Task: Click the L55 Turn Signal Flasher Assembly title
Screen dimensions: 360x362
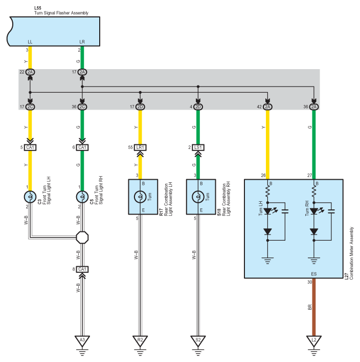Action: tap(61, 11)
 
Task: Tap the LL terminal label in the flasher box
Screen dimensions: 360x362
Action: tap(30, 42)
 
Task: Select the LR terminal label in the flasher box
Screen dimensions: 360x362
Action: tap(82, 42)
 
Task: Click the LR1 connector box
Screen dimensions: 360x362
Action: tap(140, 147)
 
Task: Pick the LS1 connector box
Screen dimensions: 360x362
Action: tap(198, 147)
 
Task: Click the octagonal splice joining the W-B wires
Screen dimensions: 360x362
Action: tap(82, 238)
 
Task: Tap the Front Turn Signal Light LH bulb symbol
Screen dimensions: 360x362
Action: tap(30, 197)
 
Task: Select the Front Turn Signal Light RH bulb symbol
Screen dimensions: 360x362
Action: tap(82, 197)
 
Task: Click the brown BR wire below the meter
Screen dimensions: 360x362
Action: tap(314, 307)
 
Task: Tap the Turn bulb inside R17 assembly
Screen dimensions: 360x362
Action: tap(140, 197)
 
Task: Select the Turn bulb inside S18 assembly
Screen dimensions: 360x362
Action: tap(198, 197)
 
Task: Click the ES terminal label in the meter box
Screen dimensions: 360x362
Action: tap(314, 274)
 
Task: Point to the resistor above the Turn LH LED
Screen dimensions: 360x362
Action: tap(267, 191)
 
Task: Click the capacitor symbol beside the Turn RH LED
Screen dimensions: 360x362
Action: tap(331, 211)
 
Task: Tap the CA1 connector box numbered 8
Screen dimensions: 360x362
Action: tap(82, 269)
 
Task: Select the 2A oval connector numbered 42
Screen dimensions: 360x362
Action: tap(267, 107)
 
